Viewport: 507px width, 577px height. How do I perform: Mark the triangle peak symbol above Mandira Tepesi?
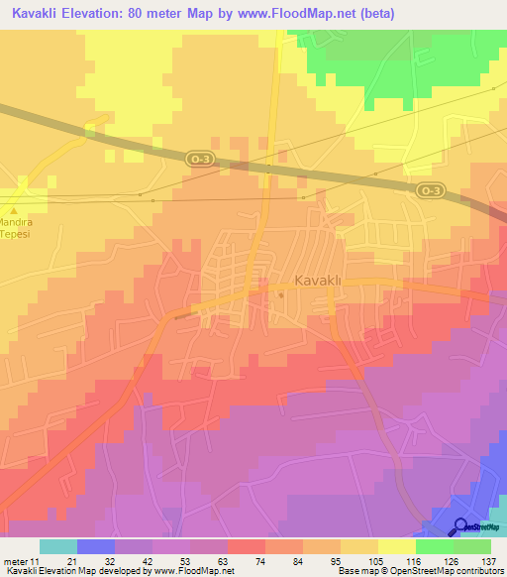click(14, 210)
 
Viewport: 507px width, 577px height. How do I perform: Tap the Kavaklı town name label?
click(318, 281)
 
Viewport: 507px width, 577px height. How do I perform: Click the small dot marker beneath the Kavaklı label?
click(281, 294)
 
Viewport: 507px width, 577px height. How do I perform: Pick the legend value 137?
click(489, 560)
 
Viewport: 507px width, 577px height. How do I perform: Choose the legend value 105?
click(376, 560)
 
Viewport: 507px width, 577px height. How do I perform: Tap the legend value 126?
click(452, 560)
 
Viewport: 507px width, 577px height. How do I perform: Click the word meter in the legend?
click(17, 560)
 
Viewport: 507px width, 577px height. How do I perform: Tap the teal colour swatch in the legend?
click(57, 546)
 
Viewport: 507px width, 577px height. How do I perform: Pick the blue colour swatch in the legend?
click(95, 546)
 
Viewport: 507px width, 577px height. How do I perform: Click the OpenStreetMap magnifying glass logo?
click(459, 526)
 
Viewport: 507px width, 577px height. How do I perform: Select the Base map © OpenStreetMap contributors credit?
click(420, 571)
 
